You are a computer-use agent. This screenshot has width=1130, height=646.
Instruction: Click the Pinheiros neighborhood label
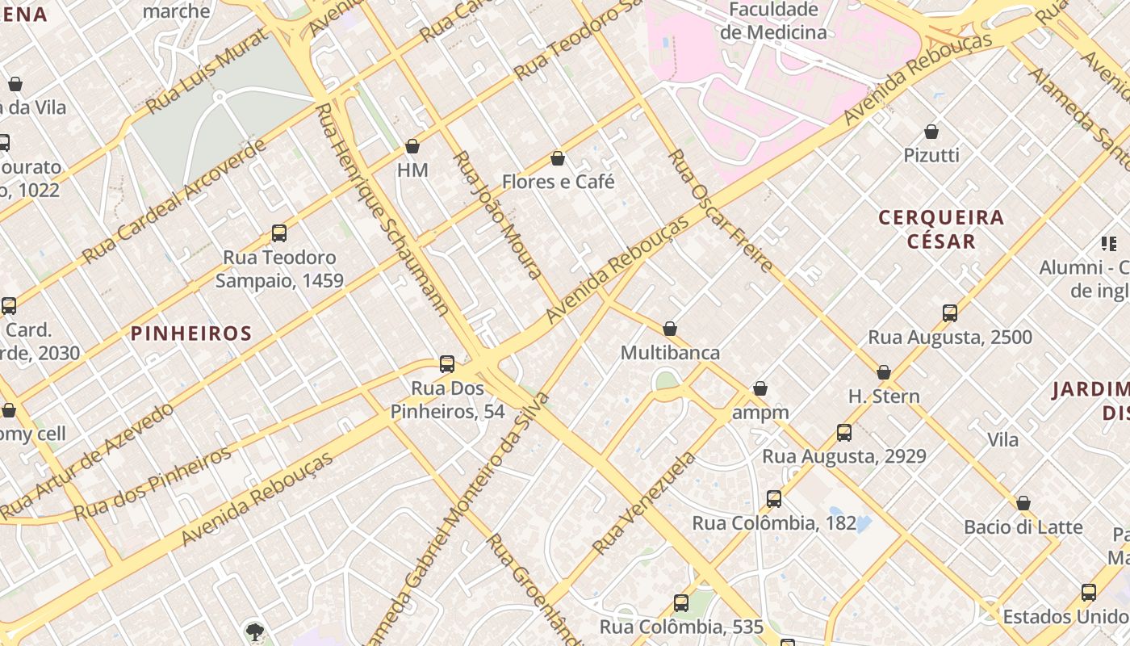[x=191, y=333]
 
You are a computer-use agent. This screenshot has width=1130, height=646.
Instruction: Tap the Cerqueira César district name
[x=941, y=229]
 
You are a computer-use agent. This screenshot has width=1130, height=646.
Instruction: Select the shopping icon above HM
[x=412, y=146]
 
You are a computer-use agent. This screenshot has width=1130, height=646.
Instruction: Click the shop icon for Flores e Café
[x=557, y=158]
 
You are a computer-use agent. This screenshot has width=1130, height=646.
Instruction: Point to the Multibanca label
[x=670, y=353]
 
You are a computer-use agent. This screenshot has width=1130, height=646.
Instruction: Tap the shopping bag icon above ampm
[x=760, y=389]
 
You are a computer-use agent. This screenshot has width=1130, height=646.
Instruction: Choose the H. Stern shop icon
[x=884, y=372]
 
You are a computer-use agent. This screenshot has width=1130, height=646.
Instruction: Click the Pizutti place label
[x=931, y=155]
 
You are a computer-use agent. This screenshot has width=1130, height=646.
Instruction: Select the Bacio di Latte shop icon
[x=1023, y=503]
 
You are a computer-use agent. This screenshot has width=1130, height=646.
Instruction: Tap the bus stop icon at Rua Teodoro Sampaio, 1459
[x=279, y=233]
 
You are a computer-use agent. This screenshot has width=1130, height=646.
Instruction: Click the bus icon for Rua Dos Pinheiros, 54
[x=447, y=364]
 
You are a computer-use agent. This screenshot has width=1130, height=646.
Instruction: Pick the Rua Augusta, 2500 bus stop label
[x=950, y=337]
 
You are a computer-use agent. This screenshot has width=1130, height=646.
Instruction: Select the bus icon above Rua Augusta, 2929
[x=844, y=433]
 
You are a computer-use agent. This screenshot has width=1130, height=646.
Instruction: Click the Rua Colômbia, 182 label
[x=773, y=523]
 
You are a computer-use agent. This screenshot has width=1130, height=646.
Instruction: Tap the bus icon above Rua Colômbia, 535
[x=681, y=603]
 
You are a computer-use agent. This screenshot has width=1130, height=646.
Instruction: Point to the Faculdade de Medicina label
[x=773, y=22]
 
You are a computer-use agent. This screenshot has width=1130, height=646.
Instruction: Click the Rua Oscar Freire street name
[x=721, y=209]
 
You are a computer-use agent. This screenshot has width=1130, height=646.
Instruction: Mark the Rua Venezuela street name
[x=643, y=503]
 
